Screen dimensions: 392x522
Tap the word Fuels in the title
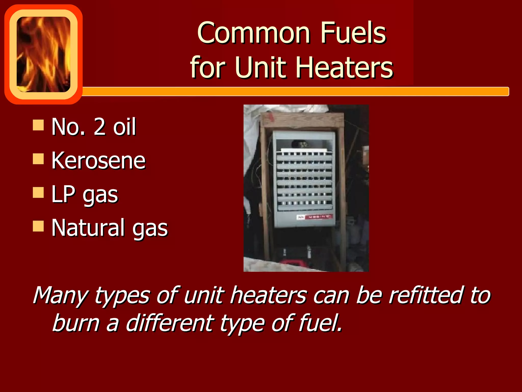pos(353,33)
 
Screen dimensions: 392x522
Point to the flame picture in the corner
pos(43,54)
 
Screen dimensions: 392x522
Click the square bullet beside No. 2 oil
pos(38,125)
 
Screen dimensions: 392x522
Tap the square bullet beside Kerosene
pos(38,159)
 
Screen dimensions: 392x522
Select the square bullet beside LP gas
pos(38,193)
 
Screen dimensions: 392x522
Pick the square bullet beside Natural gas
pos(38,226)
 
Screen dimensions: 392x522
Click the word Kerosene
pos(98,161)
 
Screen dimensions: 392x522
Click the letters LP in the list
pos(63,194)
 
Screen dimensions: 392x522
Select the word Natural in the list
pos(88,228)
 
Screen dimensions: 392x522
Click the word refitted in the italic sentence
pos(425,296)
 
